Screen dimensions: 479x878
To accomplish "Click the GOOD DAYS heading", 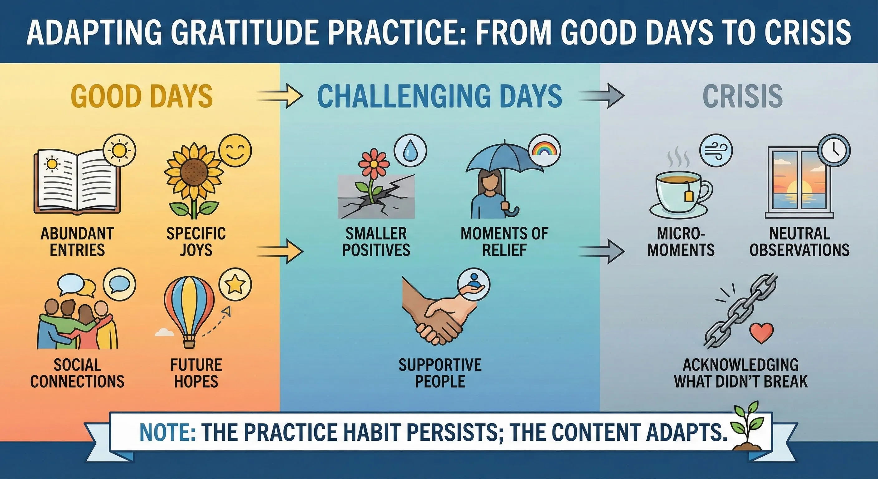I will pyautogui.click(x=142, y=96).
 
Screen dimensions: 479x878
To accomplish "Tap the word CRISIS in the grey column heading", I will pyautogui.click(x=743, y=96).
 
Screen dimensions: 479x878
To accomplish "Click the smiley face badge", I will pyautogui.click(x=235, y=151).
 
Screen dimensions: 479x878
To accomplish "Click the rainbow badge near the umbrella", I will pyautogui.click(x=544, y=150).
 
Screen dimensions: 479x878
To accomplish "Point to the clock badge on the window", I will pyautogui.click(x=834, y=150).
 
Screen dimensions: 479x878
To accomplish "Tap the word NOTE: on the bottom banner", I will pyautogui.click(x=167, y=432).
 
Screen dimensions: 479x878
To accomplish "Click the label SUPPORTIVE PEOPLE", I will pyautogui.click(x=440, y=373).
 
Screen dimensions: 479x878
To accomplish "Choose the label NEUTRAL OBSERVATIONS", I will pyautogui.click(x=799, y=242).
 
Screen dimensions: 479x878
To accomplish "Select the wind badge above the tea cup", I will pyautogui.click(x=716, y=151).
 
